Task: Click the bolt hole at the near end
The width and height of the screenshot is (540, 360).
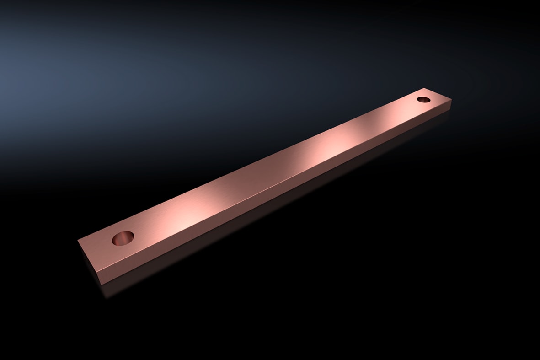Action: (123, 238)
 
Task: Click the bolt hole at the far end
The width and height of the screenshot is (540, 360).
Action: (424, 99)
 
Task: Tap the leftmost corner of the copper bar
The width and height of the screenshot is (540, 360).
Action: (78, 240)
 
